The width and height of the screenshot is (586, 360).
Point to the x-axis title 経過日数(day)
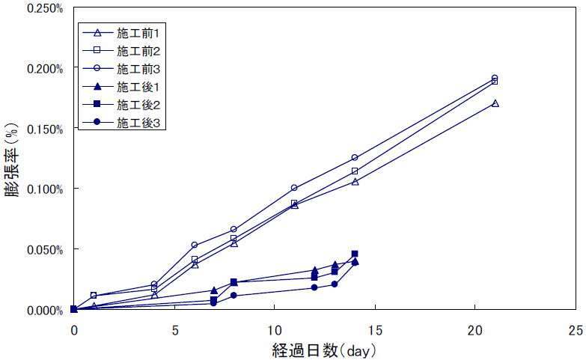(x=324, y=349)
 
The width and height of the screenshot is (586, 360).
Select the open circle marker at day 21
(x=495, y=78)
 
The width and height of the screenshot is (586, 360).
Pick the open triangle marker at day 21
(x=495, y=103)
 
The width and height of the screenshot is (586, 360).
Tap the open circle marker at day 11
(x=294, y=188)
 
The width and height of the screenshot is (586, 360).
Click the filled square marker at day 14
(x=355, y=254)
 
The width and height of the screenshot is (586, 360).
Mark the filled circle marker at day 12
(x=314, y=287)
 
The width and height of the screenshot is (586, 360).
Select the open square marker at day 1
(x=94, y=296)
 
